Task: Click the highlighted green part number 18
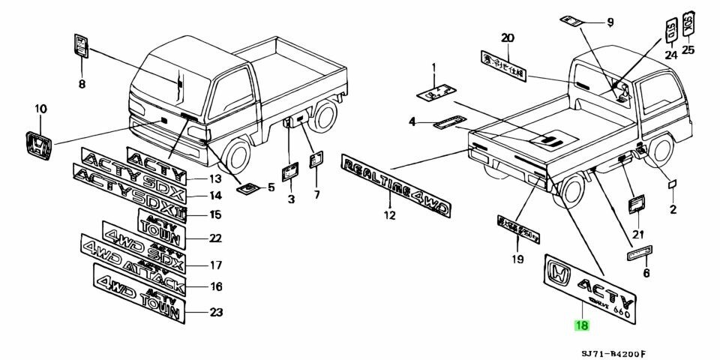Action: tap(581, 325)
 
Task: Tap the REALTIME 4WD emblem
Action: tap(396, 187)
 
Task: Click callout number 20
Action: tap(508, 38)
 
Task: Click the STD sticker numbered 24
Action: tap(670, 31)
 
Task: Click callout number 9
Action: tap(610, 22)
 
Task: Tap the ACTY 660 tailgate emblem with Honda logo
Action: tap(590, 287)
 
